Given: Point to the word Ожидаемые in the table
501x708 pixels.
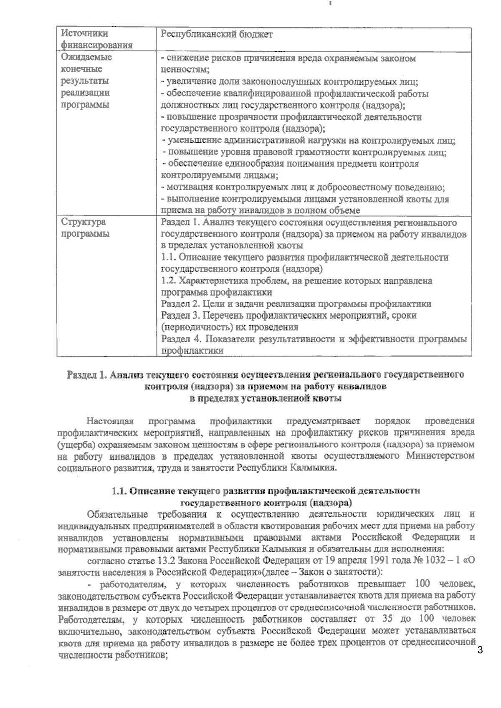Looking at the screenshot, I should [86, 57].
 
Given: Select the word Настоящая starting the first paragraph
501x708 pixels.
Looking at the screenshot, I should [110, 420].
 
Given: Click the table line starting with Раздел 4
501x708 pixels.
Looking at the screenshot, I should [314, 339].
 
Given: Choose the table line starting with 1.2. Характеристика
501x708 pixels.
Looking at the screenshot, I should [296, 281].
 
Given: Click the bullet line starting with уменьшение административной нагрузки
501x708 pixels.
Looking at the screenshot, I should [309, 141].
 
